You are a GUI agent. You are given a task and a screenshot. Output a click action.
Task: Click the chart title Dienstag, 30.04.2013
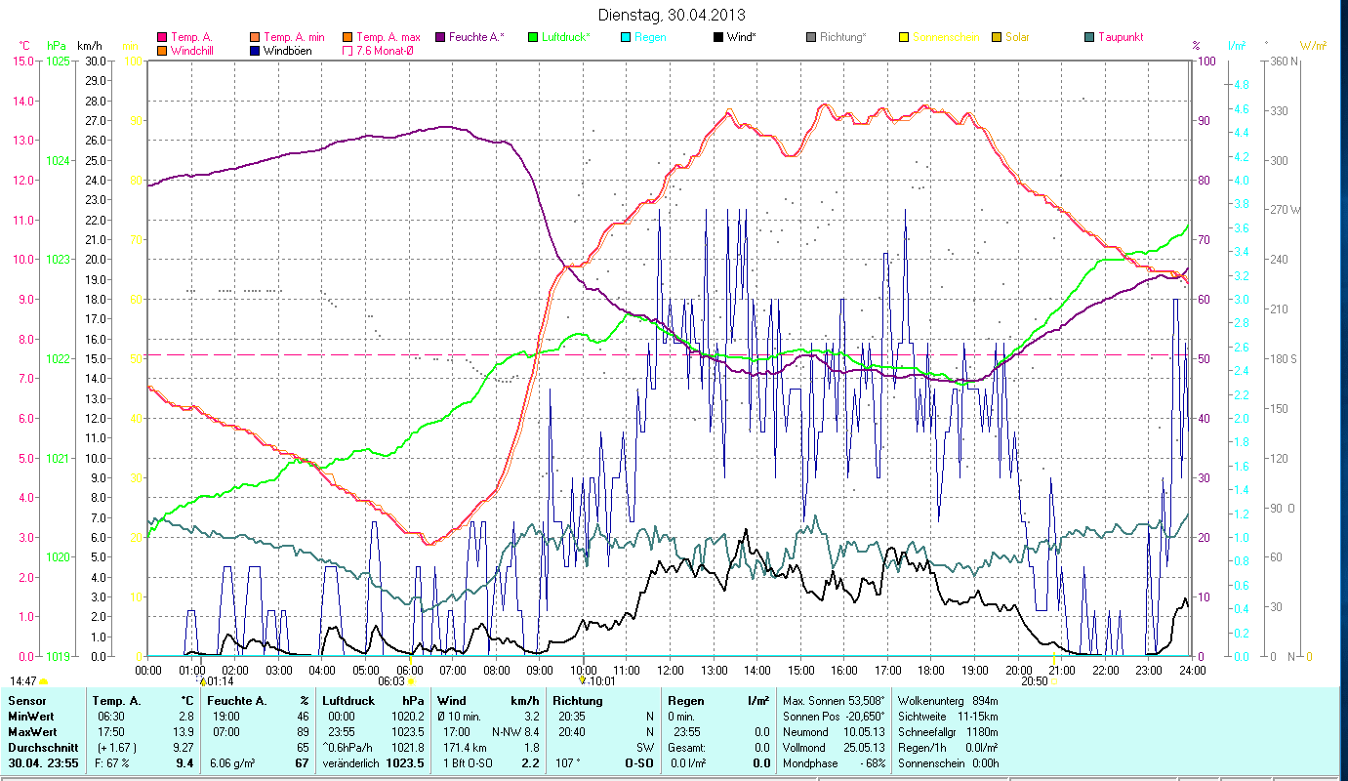[x=673, y=16]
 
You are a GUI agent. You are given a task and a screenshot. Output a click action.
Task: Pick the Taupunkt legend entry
[x=1120, y=37]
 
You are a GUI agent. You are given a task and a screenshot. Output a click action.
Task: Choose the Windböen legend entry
[x=287, y=51]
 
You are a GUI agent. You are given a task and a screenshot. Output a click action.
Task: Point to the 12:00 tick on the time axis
[x=671, y=670]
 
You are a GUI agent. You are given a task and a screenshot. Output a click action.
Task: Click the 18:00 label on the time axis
[x=931, y=670]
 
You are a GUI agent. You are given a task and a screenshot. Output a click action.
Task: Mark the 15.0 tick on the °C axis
[x=22, y=61]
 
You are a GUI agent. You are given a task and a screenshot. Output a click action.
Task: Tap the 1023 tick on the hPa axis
[x=58, y=260]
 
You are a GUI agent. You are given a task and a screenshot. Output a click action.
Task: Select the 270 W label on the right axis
[x=1282, y=210]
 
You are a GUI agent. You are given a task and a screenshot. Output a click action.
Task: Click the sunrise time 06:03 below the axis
[x=390, y=681]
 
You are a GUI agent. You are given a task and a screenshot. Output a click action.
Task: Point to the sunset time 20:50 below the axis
[x=1034, y=681]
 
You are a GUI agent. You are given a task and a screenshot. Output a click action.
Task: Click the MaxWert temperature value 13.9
[x=183, y=731]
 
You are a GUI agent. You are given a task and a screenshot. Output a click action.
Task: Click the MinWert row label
[x=29, y=716]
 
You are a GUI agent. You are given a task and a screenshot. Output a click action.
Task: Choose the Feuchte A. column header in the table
[x=237, y=701]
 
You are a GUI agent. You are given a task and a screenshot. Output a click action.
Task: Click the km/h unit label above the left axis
[x=89, y=46]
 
